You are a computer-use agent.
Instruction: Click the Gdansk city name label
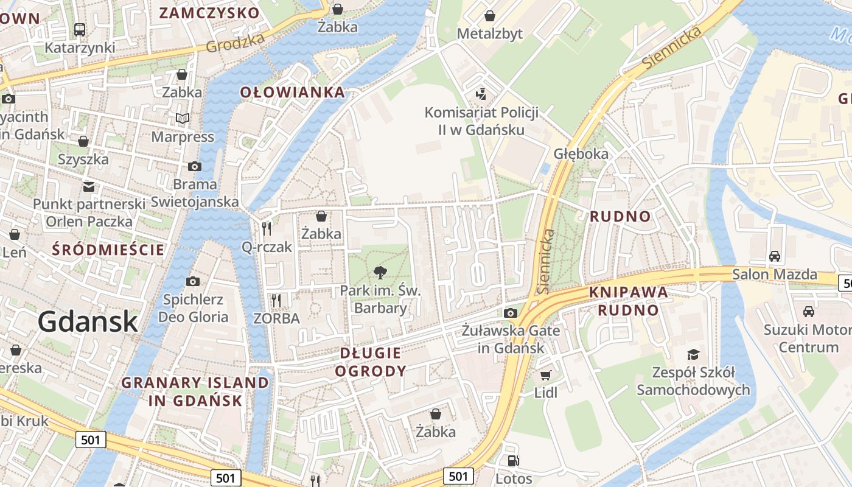pos(88,321)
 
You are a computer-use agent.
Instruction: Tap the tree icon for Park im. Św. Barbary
pos(380,272)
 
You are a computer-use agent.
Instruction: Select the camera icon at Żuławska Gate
pos(510,313)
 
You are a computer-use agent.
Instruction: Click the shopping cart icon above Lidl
pos(545,376)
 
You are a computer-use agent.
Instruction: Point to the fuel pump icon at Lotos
pos(514,461)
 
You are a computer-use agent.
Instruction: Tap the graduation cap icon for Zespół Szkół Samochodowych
pos(693,354)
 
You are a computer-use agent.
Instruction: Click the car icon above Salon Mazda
pos(774,256)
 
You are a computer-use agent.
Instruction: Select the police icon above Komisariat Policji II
pos(481,94)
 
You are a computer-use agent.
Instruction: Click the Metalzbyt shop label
pos(489,33)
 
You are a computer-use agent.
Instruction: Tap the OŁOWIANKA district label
pos(292,93)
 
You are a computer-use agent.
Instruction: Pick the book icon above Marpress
pos(183,118)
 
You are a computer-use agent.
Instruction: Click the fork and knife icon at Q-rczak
pos(266,229)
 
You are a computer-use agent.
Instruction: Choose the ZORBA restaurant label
pos(276,318)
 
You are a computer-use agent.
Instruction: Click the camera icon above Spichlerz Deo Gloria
pos(193,281)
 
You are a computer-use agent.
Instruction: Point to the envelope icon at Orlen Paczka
pos(89,186)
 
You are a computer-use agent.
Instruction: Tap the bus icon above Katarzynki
pos(80,29)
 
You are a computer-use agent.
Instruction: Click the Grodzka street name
pos(236,43)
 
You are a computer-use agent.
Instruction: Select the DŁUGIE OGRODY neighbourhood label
pos(371,362)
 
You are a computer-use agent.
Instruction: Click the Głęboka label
pos(581,153)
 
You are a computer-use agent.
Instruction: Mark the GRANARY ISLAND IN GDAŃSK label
pos(195,391)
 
